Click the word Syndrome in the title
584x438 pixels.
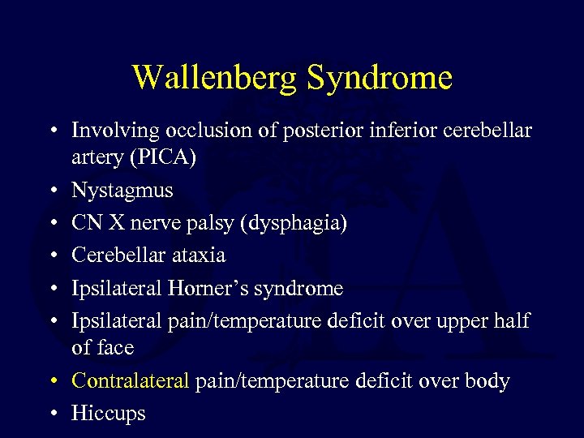click(379, 78)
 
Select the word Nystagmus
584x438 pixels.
click(121, 190)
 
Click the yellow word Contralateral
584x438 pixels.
click(130, 380)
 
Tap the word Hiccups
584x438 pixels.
click(109, 414)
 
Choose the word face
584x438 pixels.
click(116, 348)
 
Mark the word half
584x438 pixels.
click(510, 320)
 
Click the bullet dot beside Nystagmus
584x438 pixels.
click(52, 191)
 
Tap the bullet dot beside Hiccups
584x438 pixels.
click(52, 414)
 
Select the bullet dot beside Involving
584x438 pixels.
click(52, 131)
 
